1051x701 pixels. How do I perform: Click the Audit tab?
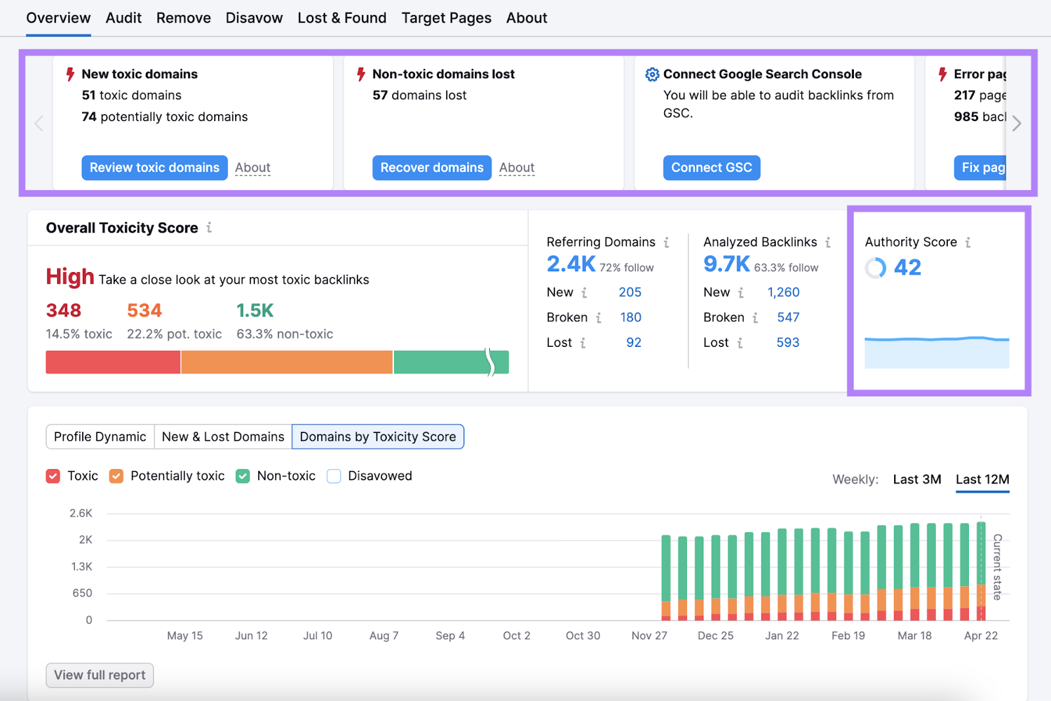tap(123, 18)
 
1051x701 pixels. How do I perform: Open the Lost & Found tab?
tap(342, 18)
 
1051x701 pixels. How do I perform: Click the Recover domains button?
tap(432, 168)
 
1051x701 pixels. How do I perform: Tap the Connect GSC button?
tap(711, 168)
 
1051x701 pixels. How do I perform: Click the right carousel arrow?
tap(1016, 124)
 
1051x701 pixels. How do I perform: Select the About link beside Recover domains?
tap(516, 168)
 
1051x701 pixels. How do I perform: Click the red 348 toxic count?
tap(64, 310)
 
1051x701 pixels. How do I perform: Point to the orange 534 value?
tap(145, 310)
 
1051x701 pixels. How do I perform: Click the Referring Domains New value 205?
tap(629, 292)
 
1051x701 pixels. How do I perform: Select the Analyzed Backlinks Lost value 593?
tap(788, 342)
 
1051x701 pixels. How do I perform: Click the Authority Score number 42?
tap(907, 267)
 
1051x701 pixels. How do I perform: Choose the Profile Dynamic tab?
tap(100, 437)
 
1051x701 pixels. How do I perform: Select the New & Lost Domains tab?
tap(223, 437)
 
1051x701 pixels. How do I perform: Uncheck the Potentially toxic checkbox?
tap(116, 476)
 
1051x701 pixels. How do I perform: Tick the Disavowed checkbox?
tap(334, 476)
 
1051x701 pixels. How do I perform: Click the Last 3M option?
tap(916, 480)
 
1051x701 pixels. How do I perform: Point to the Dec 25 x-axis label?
tap(715, 635)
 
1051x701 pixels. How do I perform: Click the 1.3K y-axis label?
tap(82, 566)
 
